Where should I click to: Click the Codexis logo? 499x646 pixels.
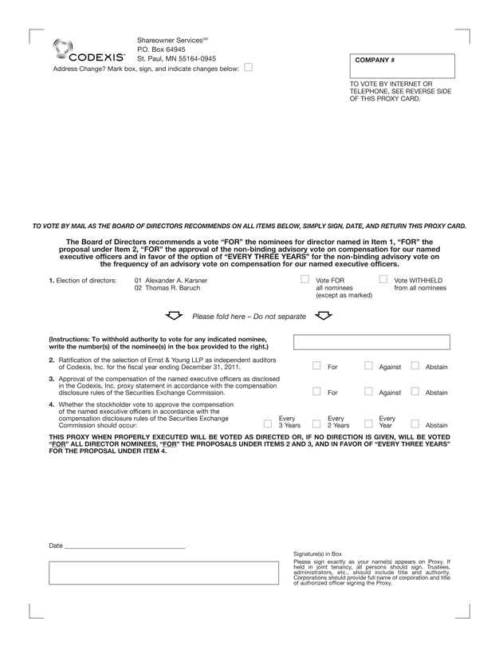click(88, 51)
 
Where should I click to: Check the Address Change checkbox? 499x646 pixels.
click(248, 68)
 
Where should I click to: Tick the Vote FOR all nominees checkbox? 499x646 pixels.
click(305, 280)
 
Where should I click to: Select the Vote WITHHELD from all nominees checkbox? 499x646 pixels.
click(383, 280)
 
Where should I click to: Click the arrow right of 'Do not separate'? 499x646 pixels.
click(323, 316)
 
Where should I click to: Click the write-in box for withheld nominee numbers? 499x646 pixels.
click(371, 342)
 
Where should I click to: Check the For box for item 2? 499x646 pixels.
click(316, 366)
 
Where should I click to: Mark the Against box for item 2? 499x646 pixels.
click(368, 366)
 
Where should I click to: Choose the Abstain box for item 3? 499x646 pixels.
click(415, 392)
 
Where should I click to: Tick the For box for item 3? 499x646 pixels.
click(316, 392)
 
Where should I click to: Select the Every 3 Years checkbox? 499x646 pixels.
click(267, 424)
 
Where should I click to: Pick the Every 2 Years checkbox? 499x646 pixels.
click(316, 424)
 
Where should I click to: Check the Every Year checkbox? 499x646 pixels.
click(368, 424)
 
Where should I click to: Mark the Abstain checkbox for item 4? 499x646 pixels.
click(415, 424)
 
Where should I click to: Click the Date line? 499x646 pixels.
click(124, 547)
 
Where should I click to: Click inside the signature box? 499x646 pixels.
click(165, 573)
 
